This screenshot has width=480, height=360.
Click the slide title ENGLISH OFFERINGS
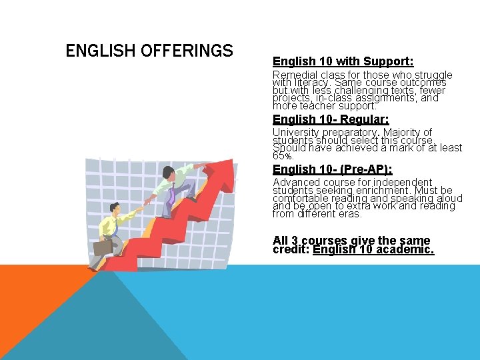[x=149, y=51]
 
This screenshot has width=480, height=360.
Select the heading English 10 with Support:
[x=343, y=61]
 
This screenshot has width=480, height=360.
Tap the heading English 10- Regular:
[x=331, y=119]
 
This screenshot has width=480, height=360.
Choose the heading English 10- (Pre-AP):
[x=333, y=169]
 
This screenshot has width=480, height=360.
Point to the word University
[x=296, y=133]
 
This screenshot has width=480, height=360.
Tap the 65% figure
[x=283, y=156]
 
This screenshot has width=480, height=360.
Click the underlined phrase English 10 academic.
[x=373, y=250]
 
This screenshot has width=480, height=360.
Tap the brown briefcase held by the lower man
[x=103, y=247]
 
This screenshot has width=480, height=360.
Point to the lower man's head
[x=114, y=209]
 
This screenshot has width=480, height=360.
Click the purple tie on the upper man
[x=172, y=195]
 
